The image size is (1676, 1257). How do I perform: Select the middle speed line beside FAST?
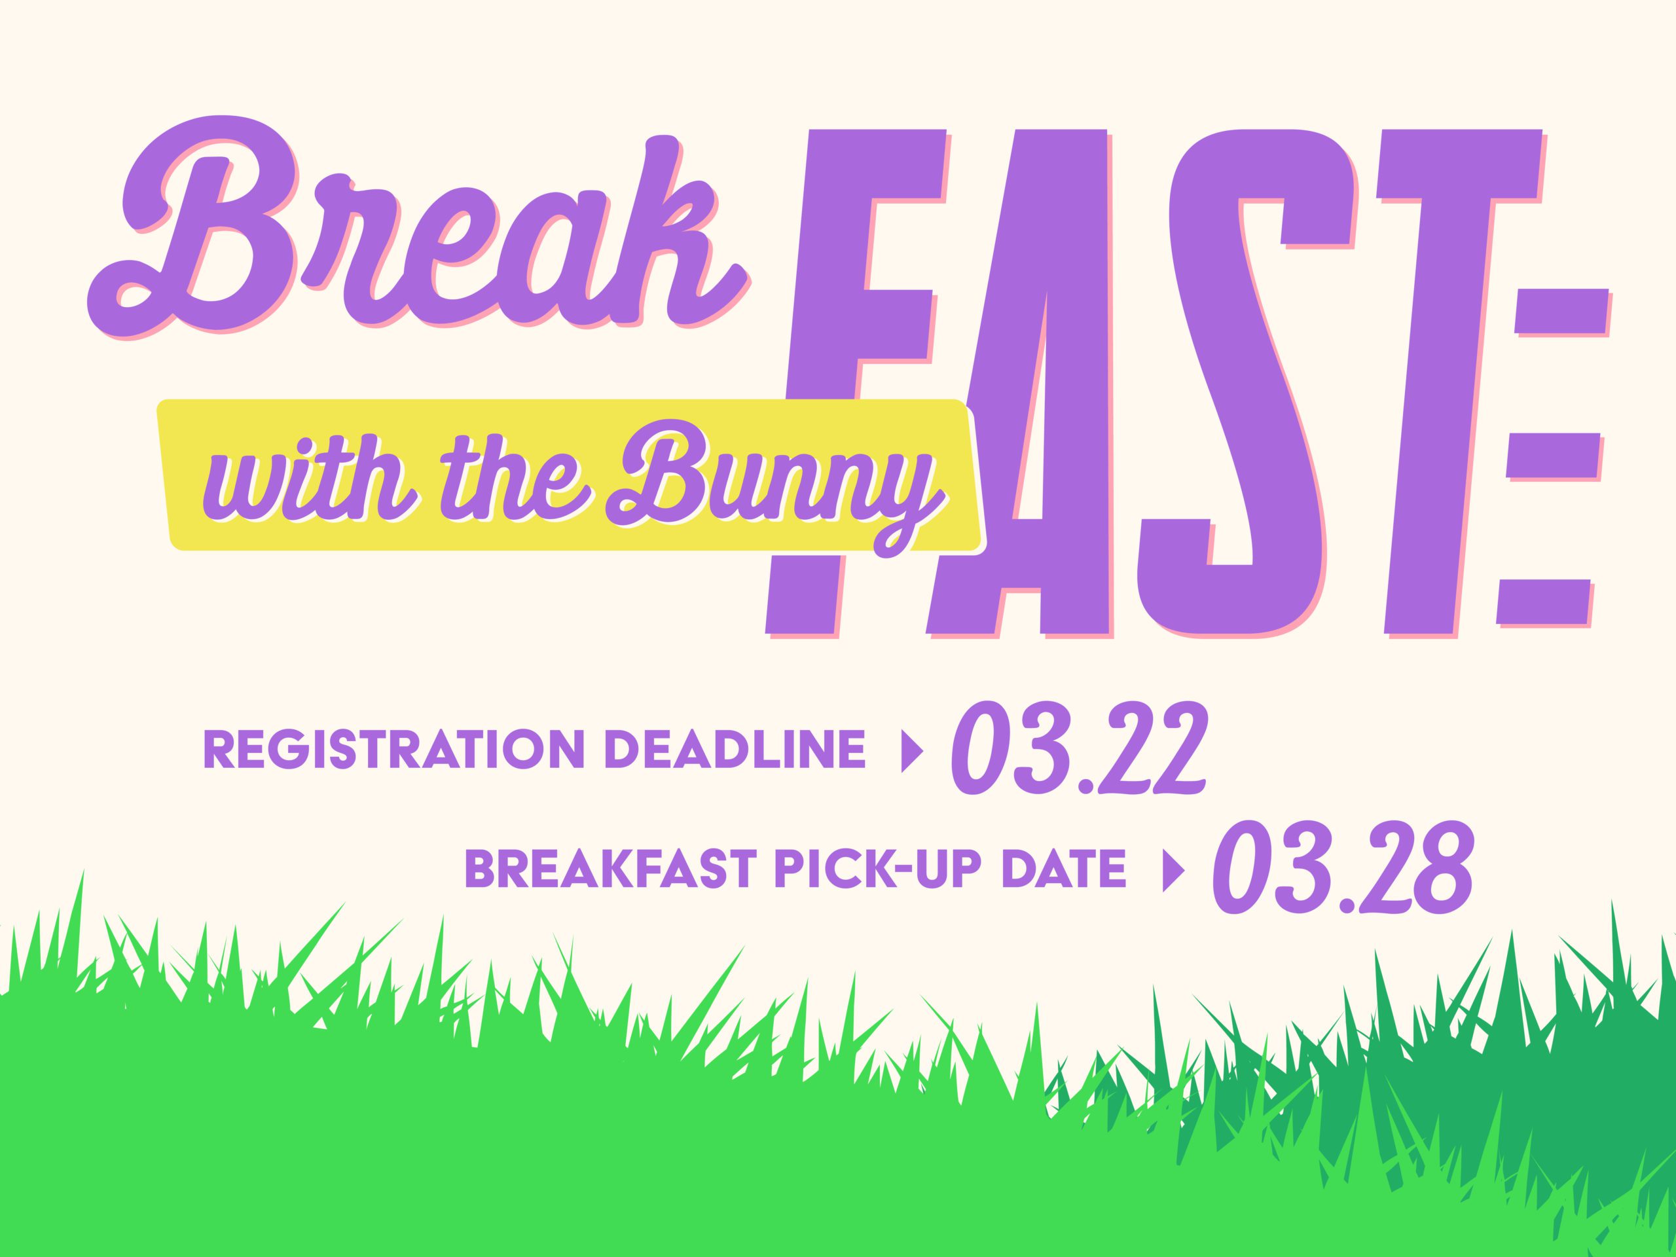[1554, 456]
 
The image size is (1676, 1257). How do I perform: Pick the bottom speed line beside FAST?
[1546, 602]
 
